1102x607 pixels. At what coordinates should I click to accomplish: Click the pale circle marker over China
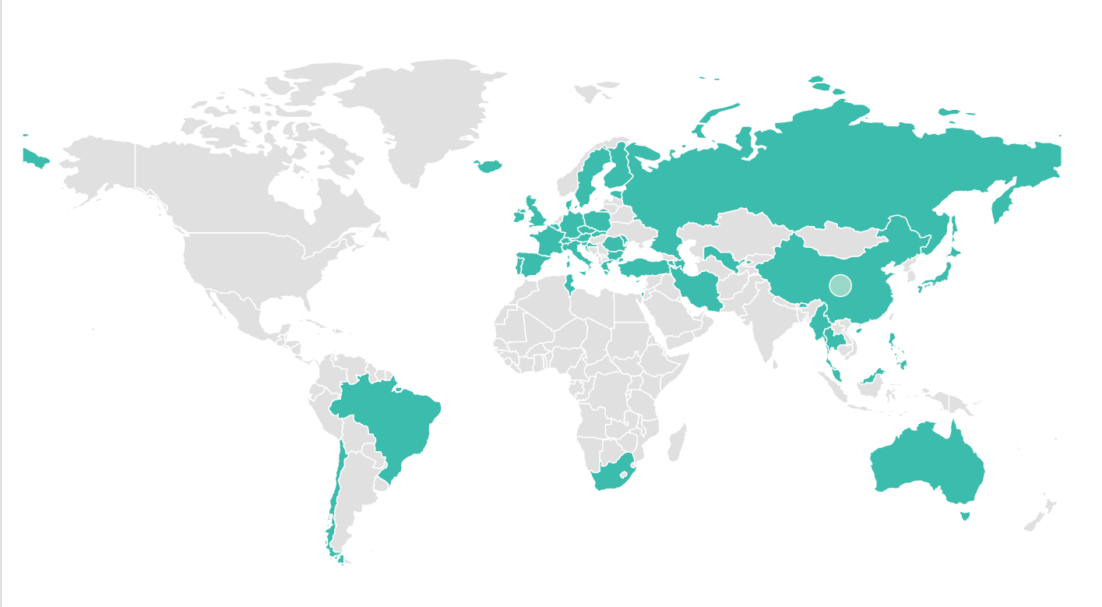click(840, 285)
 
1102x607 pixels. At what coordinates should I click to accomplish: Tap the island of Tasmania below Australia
click(965, 515)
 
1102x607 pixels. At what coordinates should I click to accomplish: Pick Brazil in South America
click(389, 421)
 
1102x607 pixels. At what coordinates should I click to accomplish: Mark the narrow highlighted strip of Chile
click(334, 499)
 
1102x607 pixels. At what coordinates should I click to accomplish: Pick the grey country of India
click(771, 319)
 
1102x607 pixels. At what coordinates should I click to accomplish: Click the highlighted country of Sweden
click(592, 175)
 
